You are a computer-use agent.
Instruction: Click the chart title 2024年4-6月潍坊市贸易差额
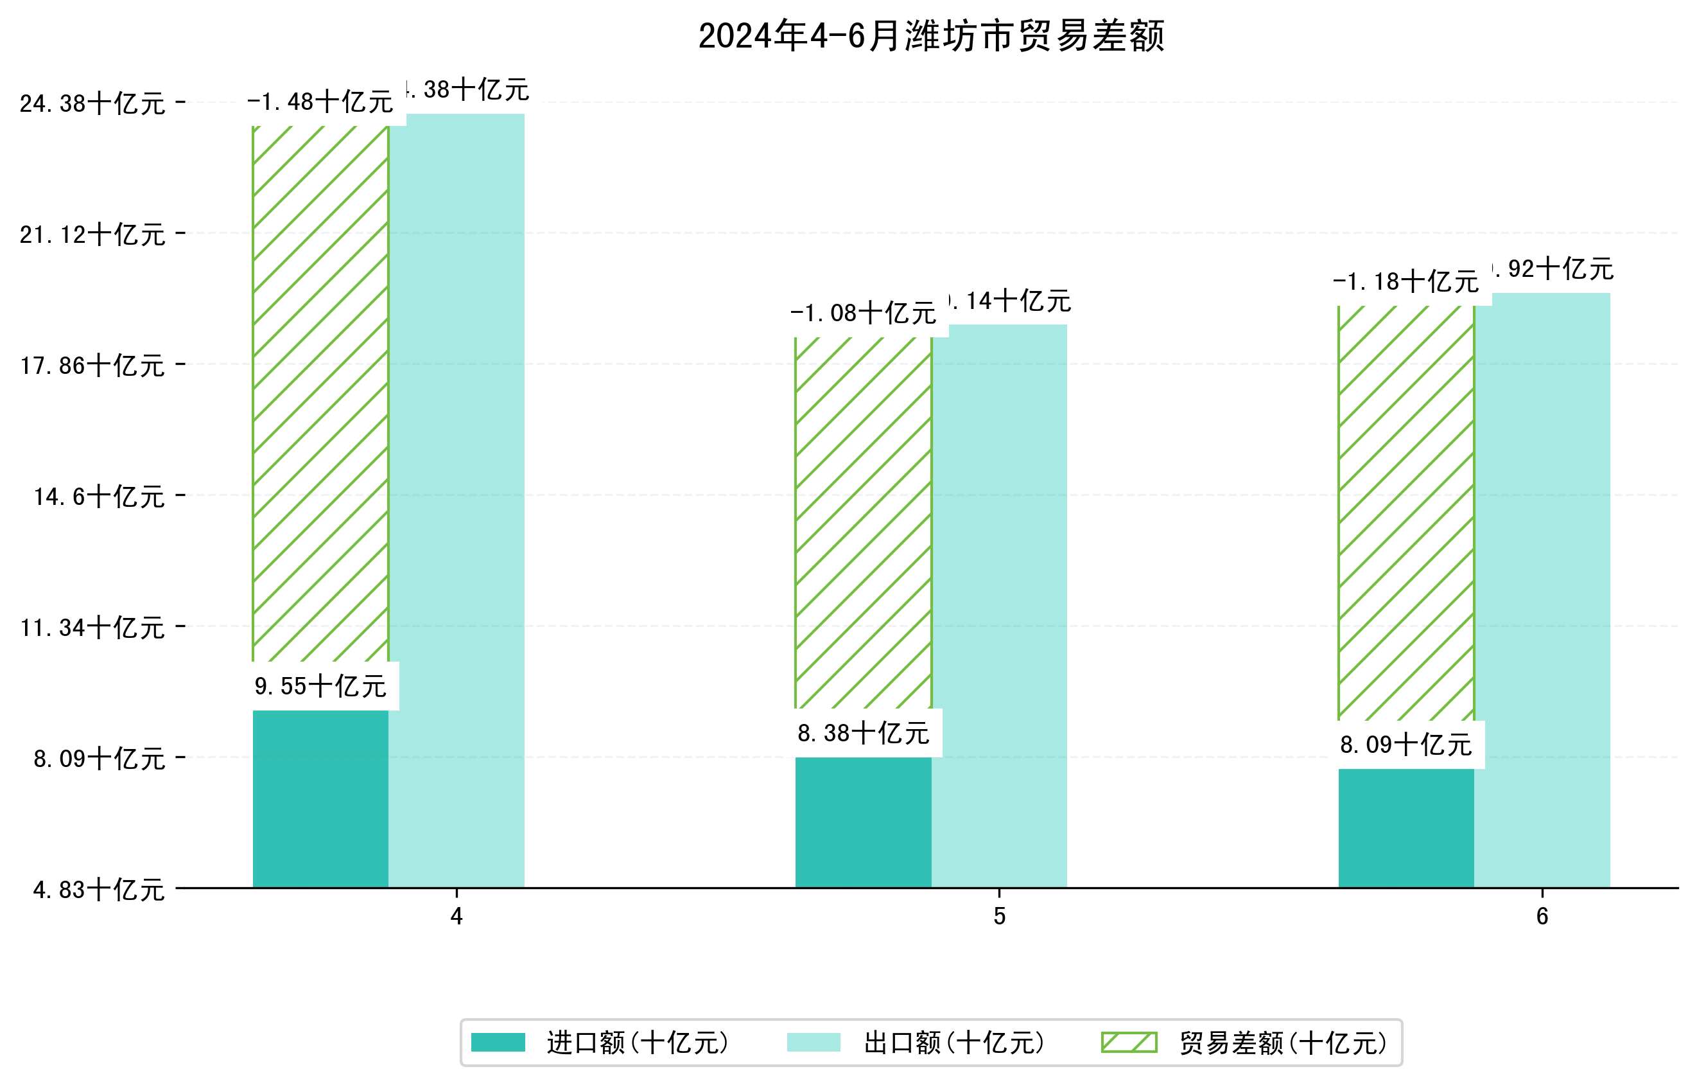coord(931,36)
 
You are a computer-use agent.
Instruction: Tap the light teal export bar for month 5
coord(999,606)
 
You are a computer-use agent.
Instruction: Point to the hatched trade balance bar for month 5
coord(864,522)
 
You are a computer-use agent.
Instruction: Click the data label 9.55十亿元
coord(320,686)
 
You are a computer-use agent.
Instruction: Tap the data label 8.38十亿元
coord(864,733)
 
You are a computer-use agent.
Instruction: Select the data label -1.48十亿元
coord(320,102)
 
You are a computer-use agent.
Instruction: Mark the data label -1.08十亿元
coord(864,313)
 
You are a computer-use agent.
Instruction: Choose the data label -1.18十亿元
coord(1406,282)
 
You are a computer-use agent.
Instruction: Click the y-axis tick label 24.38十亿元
coord(92,103)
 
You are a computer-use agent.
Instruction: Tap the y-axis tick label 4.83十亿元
coord(99,890)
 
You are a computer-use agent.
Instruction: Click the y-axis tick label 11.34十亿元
coord(92,628)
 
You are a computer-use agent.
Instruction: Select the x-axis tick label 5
coord(999,917)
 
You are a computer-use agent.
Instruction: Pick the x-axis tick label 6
coord(1542,917)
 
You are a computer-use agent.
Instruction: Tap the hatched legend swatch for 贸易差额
coord(1129,1042)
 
